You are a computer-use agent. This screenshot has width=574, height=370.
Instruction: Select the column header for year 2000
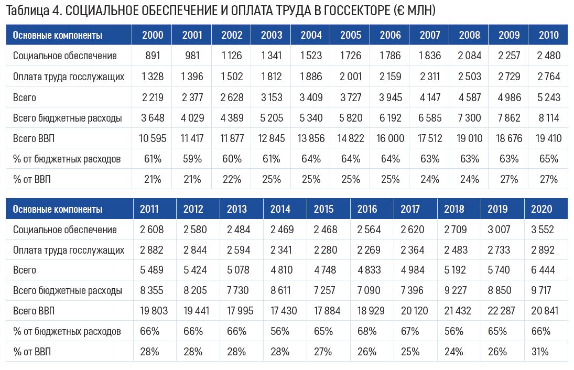[153, 35]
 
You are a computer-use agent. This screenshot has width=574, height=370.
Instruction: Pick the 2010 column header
[548, 35]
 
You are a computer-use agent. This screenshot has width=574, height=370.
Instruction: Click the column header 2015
[323, 209]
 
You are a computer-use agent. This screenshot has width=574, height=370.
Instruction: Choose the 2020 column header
[541, 209]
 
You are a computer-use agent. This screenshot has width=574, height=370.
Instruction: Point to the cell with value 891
[153, 56]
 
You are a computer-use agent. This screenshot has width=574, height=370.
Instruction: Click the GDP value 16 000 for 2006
[390, 138]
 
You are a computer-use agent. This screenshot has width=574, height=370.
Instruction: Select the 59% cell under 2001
[192, 159]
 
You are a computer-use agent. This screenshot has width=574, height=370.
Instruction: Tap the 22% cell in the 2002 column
[232, 179]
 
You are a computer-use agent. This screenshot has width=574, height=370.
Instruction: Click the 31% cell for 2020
[540, 352]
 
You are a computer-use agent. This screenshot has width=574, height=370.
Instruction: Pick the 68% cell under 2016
[366, 331]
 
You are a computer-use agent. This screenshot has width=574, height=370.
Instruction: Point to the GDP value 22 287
[497, 311]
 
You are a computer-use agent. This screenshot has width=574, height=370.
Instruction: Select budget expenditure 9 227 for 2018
[454, 290]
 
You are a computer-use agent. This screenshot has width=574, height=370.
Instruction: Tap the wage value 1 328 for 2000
[153, 77]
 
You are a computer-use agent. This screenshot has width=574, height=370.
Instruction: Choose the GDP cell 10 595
[153, 138]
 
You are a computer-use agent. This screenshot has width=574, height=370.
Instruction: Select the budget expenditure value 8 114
[548, 118]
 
